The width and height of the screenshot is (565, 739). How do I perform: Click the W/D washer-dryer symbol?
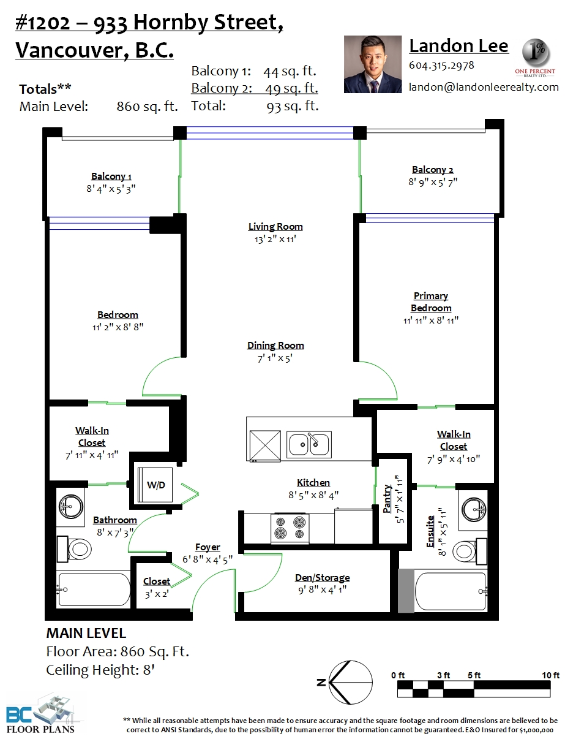155,485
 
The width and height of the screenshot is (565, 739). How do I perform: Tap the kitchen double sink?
309,444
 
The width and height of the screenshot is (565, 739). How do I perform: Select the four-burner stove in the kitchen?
290,528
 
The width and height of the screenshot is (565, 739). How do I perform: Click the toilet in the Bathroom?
74,549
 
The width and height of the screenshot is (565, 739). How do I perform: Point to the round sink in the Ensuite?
474,509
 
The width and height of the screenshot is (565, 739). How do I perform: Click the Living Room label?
275,227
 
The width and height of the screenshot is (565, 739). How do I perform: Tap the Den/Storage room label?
322,578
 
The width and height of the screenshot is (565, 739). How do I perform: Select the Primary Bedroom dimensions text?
431,320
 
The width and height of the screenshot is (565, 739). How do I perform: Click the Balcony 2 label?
433,169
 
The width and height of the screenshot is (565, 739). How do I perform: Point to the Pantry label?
387,499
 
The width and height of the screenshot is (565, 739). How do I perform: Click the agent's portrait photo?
373,64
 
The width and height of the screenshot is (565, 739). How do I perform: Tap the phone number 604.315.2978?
441,65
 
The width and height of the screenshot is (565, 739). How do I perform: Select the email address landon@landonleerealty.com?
484,87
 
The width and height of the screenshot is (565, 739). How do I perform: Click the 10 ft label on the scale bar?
550,675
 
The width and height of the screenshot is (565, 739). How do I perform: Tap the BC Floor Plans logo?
40,714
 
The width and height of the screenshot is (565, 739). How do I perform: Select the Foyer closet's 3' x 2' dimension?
157,594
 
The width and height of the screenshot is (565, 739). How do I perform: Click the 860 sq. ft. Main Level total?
147,107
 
